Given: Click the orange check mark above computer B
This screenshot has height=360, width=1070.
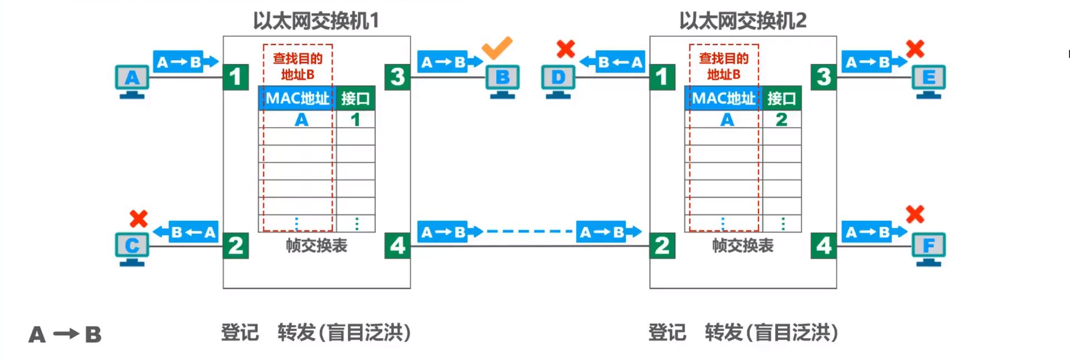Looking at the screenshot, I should tap(497, 48).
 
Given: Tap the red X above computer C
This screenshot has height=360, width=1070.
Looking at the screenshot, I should tap(138, 218).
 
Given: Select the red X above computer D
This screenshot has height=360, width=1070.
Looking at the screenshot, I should tap(566, 49).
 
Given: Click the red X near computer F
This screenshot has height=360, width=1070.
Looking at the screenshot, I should tap(915, 214).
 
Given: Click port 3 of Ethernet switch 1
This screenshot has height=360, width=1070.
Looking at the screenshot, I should tap(397, 77).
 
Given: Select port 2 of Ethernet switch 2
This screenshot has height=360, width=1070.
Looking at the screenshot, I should tap(662, 246).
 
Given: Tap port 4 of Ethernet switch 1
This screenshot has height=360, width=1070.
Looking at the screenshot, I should tap(397, 246).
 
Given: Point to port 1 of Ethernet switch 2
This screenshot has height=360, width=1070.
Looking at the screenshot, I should tap(662, 77).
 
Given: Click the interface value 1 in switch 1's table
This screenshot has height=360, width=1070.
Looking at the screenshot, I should tap(356, 120).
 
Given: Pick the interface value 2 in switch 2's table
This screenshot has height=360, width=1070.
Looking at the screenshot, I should tap(781, 120).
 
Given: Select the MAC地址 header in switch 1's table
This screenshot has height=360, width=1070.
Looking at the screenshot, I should tap(297, 99).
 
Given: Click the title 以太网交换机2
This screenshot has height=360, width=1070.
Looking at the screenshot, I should tap(742, 21).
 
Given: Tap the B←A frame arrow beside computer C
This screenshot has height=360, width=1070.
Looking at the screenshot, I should tap(186, 232).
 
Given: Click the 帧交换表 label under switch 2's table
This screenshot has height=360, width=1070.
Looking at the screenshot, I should tap(742, 246).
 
